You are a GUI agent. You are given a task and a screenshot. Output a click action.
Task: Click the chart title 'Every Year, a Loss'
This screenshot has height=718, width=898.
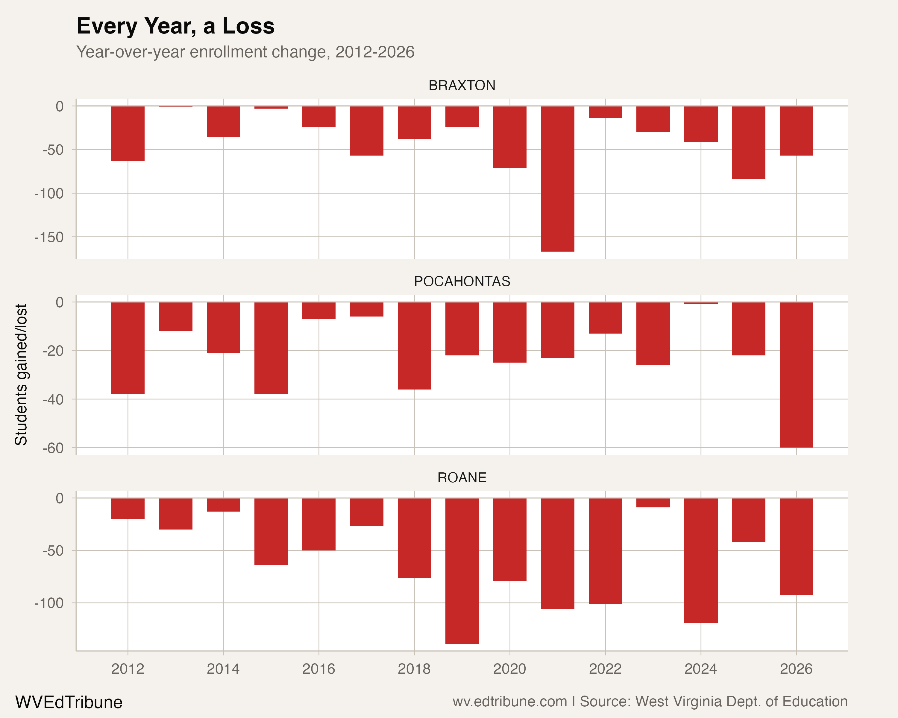tap(175, 26)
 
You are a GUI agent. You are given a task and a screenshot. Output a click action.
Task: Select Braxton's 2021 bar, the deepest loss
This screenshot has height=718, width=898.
tap(557, 179)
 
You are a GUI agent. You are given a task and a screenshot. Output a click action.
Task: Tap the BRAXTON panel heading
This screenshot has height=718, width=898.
tap(462, 85)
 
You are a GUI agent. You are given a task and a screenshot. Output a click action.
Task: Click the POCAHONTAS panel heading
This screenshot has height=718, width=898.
tap(462, 282)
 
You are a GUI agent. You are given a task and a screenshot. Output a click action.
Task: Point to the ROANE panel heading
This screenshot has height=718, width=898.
tap(462, 477)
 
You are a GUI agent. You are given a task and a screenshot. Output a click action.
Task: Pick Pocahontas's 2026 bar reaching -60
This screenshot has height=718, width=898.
tap(796, 375)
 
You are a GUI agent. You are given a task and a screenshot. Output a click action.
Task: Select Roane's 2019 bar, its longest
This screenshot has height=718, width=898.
tap(462, 570)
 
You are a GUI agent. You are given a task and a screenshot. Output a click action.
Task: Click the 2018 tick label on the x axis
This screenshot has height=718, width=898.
tap(414, 669)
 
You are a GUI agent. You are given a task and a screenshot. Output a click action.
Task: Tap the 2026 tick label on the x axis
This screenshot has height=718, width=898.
tap(796, 669)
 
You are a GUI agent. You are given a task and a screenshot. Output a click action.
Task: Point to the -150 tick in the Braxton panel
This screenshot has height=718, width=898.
tap(49, 237)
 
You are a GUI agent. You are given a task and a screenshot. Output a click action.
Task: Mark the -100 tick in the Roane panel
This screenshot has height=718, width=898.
tap(49, 603)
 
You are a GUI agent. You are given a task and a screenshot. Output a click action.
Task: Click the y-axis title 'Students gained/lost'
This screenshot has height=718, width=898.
tap(21, 375)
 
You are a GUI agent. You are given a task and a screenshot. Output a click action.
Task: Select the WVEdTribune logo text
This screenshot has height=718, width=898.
tap(69, 702)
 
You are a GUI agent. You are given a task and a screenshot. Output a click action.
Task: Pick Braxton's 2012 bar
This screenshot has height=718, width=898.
tap(128, 133)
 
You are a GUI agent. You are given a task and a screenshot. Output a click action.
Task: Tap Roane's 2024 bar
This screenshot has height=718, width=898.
tap(700, 560)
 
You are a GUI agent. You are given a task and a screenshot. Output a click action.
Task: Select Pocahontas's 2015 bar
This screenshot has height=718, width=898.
tap(271, 348)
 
